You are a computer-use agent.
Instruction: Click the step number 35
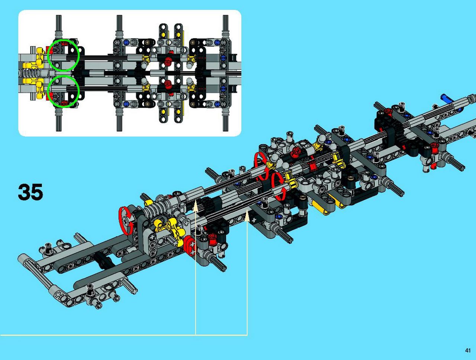point(30,192)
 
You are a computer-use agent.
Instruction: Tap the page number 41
point(468,350)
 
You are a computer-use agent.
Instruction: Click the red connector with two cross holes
point(190,246)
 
